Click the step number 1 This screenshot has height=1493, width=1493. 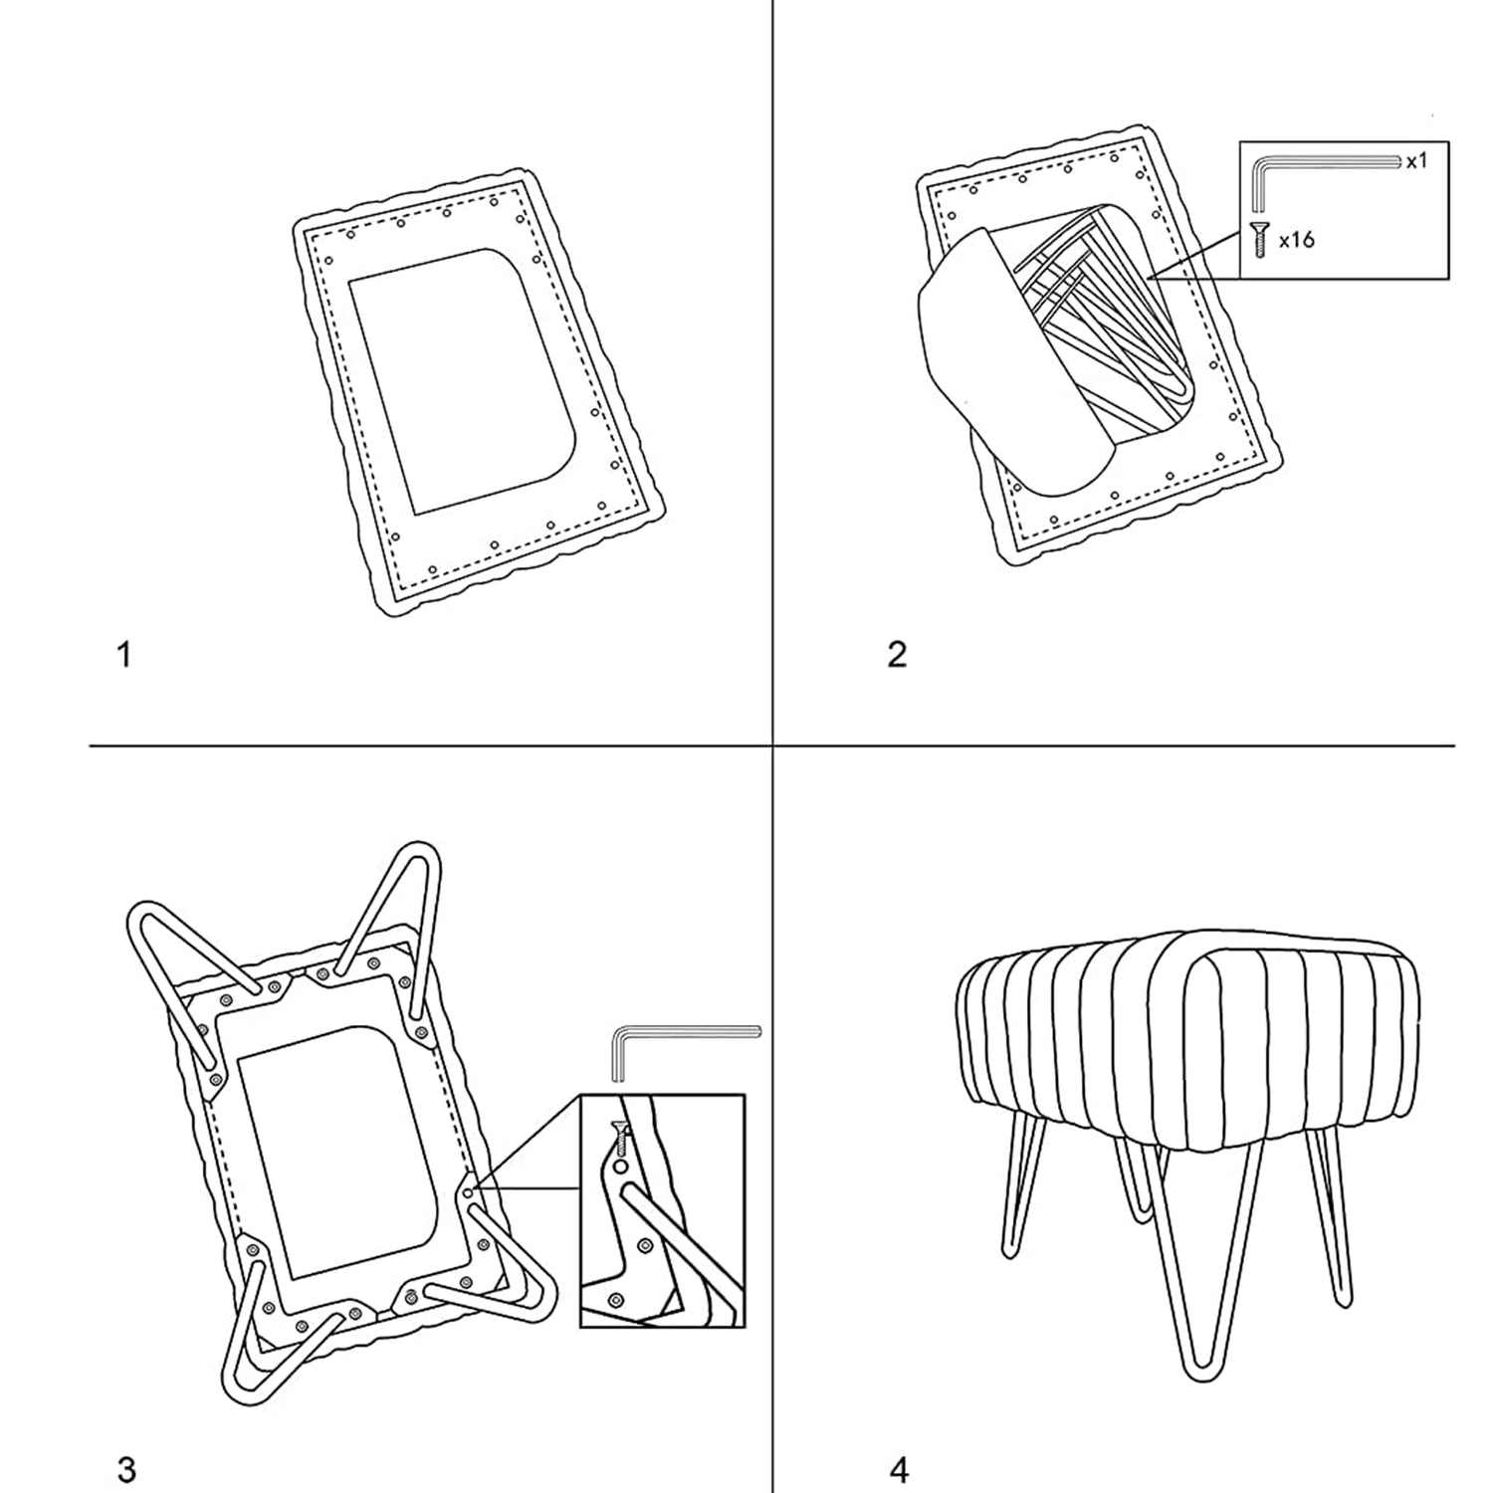click(124, 656)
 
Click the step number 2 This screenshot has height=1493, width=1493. click(897, 656)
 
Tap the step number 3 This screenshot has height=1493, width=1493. click(126, 1469)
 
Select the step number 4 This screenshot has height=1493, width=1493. click(898, 1469)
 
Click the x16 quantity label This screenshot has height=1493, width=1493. click(1297, 240)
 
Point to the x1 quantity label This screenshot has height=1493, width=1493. click(1416, 160)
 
